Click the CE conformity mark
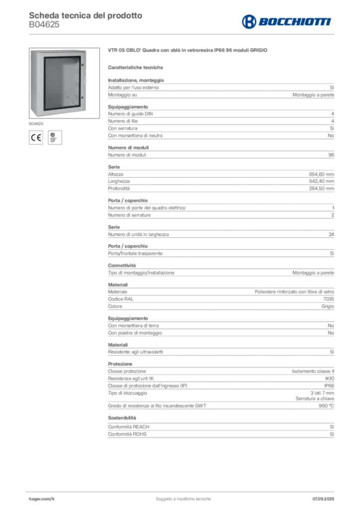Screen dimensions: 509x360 pos(36,138)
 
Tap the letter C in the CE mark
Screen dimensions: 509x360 pos(33,138)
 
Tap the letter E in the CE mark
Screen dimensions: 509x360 pos(38,138)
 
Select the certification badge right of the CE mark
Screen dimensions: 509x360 pos(55,138)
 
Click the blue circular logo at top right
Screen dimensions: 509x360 pos(247,22)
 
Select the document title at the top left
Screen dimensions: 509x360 pos(85,15)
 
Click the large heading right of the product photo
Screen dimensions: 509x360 pos(189,51)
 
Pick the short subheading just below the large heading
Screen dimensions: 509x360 pos(137,67)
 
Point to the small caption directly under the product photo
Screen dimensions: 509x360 pos(35,121)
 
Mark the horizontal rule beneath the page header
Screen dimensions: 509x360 pos(182,33)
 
